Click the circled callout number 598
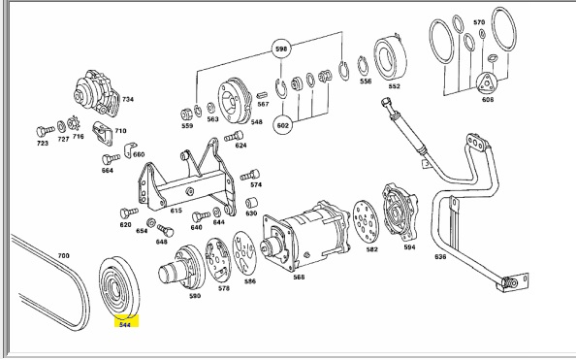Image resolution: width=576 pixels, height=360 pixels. [281, 49]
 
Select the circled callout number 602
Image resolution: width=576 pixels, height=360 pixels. [283, 125]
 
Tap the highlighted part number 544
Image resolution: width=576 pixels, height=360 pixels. [125, 325]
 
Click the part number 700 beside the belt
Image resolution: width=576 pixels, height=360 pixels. [64, 255]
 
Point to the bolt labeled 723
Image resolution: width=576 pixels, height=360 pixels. [46, 131]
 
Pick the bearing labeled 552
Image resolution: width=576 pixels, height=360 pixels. [390, 58]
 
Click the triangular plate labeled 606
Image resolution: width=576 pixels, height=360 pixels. [487, 82]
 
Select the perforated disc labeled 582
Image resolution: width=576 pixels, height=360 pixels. [366, 221]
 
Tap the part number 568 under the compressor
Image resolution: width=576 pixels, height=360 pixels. [299, 277]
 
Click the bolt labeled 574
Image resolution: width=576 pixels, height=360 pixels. [250, 175]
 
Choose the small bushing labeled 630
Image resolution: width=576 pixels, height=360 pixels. [251, 203]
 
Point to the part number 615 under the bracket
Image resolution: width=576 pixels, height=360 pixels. [176, 211]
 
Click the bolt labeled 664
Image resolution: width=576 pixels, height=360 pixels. [111, 159]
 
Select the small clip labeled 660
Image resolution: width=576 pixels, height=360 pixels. [129, 149]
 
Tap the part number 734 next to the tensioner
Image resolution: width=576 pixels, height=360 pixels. [128, 99]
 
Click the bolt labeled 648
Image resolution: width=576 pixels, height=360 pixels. [165, 231]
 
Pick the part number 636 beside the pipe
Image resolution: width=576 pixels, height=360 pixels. [440, 257]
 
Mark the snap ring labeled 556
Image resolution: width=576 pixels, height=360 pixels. [363, 66]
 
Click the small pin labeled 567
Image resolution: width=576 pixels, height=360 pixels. [262, 95]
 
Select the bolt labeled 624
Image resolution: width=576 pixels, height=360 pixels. [234, 137]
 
